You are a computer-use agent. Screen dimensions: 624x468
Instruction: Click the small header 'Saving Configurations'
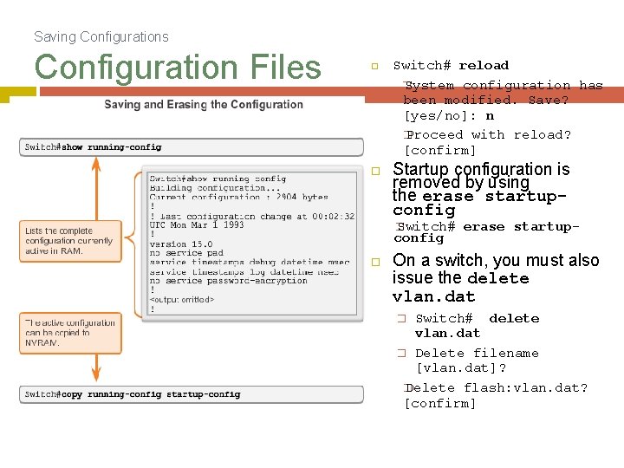coord(101,36)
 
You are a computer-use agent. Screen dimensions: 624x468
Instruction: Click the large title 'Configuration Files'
coord(178,67)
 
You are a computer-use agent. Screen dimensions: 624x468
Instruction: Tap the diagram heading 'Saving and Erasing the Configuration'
coord(204,105)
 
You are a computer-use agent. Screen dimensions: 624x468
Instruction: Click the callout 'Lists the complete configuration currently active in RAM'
coord(69,241)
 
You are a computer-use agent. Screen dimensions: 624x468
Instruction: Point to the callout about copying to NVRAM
coord(70,333)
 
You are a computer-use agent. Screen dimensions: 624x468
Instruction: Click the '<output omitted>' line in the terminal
coord(182,300)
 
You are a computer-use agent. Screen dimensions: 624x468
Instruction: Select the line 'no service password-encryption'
coord(228,281)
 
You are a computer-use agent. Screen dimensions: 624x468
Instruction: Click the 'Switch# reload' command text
coord(451,65)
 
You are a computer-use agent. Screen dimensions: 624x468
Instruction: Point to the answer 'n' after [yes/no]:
coord(490,115)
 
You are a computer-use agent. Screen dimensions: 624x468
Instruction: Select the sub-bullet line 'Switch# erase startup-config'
coord(487,231)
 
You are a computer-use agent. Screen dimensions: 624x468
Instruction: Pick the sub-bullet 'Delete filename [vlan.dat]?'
coord(476,360)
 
